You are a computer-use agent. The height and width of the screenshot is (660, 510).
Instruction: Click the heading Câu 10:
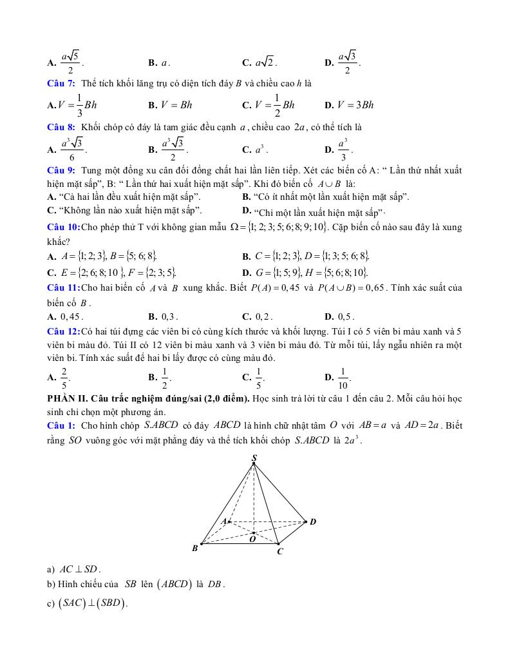[64, 227]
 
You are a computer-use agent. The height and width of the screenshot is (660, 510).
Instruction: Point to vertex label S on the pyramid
[254, 458]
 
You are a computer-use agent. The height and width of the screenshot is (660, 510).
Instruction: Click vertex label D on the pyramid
[313, 521]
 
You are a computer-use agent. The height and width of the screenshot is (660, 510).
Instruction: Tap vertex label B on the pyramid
[194, 548]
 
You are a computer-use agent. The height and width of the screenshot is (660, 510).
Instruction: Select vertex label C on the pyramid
[279, 552]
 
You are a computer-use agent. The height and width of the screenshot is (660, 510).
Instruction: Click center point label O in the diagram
[252, 540]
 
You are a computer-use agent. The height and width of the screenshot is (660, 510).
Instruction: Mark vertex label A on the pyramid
[223, 521]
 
